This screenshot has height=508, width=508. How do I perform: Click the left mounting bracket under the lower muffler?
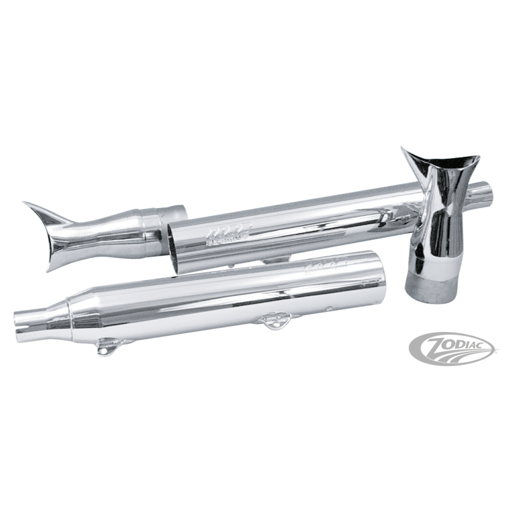tap(101, 349)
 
